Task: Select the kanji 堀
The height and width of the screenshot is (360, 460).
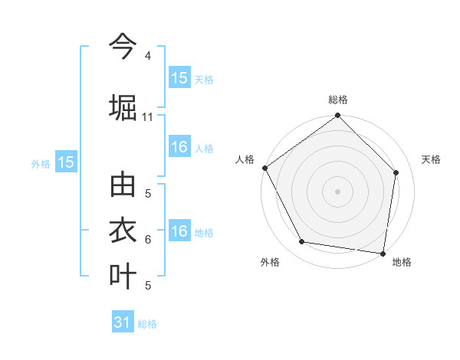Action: tap(123, 106)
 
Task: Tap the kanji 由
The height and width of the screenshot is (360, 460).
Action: tap(123, 186)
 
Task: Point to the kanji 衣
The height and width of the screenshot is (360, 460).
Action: tap(123, 231)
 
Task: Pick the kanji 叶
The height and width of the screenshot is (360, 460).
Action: tap(123, 275)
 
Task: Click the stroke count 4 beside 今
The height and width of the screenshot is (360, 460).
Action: tap(147, 57)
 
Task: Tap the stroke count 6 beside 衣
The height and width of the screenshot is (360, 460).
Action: tap(147, 240)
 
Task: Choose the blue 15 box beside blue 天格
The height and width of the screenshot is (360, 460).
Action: tap(179, 78)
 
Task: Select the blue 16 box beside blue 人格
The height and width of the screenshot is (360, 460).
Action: tap(179, 148)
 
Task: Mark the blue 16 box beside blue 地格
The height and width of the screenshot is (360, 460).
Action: tap(179, 232)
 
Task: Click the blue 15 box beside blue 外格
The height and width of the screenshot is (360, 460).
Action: tap(66, 162)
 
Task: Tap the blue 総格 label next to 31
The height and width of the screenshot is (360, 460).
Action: tap(147, 324)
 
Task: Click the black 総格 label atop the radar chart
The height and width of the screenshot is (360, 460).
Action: tap(338, 100)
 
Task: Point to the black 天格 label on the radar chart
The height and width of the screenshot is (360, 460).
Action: tap(432, 159)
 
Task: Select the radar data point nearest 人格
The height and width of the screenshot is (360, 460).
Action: tap(264, 168)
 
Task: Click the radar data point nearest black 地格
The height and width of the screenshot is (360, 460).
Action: tap(383, 253)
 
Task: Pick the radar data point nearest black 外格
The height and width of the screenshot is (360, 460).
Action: tap(302, 242)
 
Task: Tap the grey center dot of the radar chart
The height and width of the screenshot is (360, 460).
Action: tap(338, 191)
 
